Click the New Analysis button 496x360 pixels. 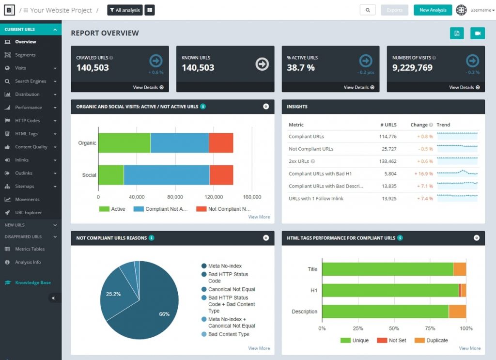[x=433, y=10]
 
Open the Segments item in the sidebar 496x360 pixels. [x=25, y=55]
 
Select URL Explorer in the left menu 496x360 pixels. [x=28, y=213]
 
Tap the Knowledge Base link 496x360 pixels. [x=32, y=282]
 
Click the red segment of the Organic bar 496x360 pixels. [x=221, y=142]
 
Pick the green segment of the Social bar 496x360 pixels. [x=111, y=175]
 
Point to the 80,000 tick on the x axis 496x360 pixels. [x=175, y=197]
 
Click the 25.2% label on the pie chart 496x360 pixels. [x=113, y=294]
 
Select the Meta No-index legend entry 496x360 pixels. [x=221, y=266]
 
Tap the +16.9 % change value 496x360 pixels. [x=423, y=173]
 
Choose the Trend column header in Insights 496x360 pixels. [x=443, y=125]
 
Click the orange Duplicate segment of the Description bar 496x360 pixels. [x=457, y=312]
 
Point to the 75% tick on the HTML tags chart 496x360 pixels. [x=430, y=329]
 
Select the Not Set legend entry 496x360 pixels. [x=391, y=341]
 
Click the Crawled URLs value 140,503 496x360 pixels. [x=93, y=67]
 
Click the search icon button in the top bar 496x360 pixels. [x=368, y=10]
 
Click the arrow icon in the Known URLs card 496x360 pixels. [x=262, y=64]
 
